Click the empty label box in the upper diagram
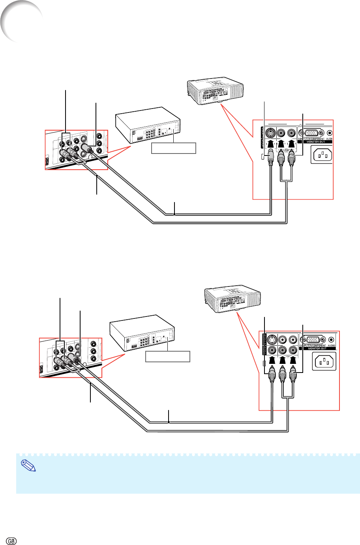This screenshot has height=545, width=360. (x=174, y=148)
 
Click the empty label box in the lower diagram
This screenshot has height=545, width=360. (x=168, y=356)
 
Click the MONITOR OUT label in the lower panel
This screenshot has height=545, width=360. (x=317, y=348)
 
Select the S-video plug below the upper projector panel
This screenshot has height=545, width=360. (x=270, y=155)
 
